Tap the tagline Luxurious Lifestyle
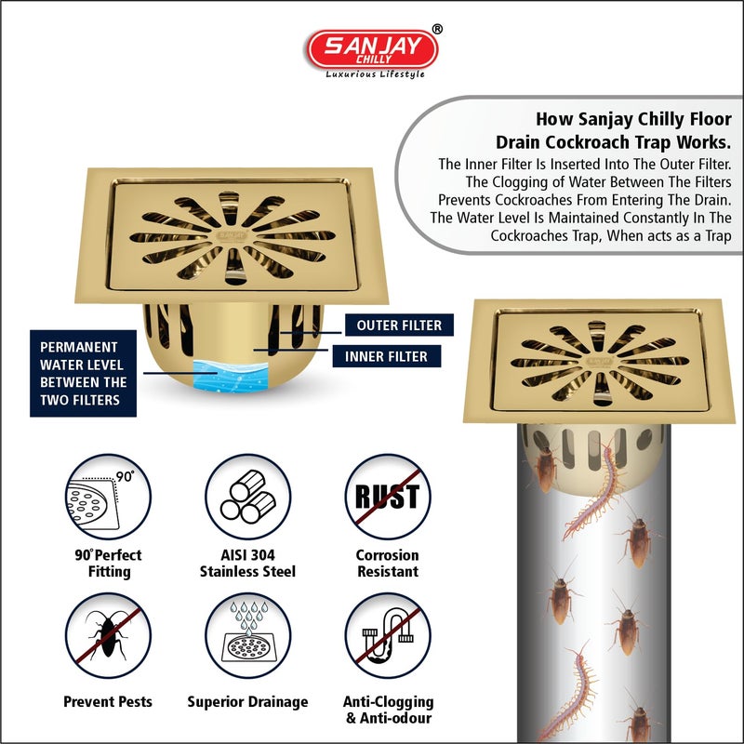pyautogui.click(x=375, y=74)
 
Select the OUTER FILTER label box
pyautogui.click(x=392, y=325)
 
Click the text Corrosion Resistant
pyautogui.click(x=387, y=563)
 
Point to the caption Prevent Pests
pyautogui.click(x=108, y=702)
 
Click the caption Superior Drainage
pyautogui.click(x=247, y=702)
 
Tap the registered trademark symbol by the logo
pyautogui.click(x=438, y=30)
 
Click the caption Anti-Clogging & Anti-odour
pyautogui.click(x=387, y=710)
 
